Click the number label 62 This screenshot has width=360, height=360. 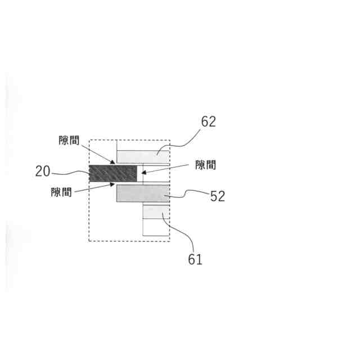209,121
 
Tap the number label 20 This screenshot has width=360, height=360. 43,171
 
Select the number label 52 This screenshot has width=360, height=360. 218,196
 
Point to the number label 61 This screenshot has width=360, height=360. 195,259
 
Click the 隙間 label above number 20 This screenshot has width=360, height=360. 69,140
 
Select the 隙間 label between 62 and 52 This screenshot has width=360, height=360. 205,165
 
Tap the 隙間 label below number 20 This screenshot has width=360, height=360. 61,192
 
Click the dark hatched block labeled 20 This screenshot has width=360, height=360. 113,173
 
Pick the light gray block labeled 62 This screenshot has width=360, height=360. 143,157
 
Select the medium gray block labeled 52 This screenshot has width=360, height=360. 143,193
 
